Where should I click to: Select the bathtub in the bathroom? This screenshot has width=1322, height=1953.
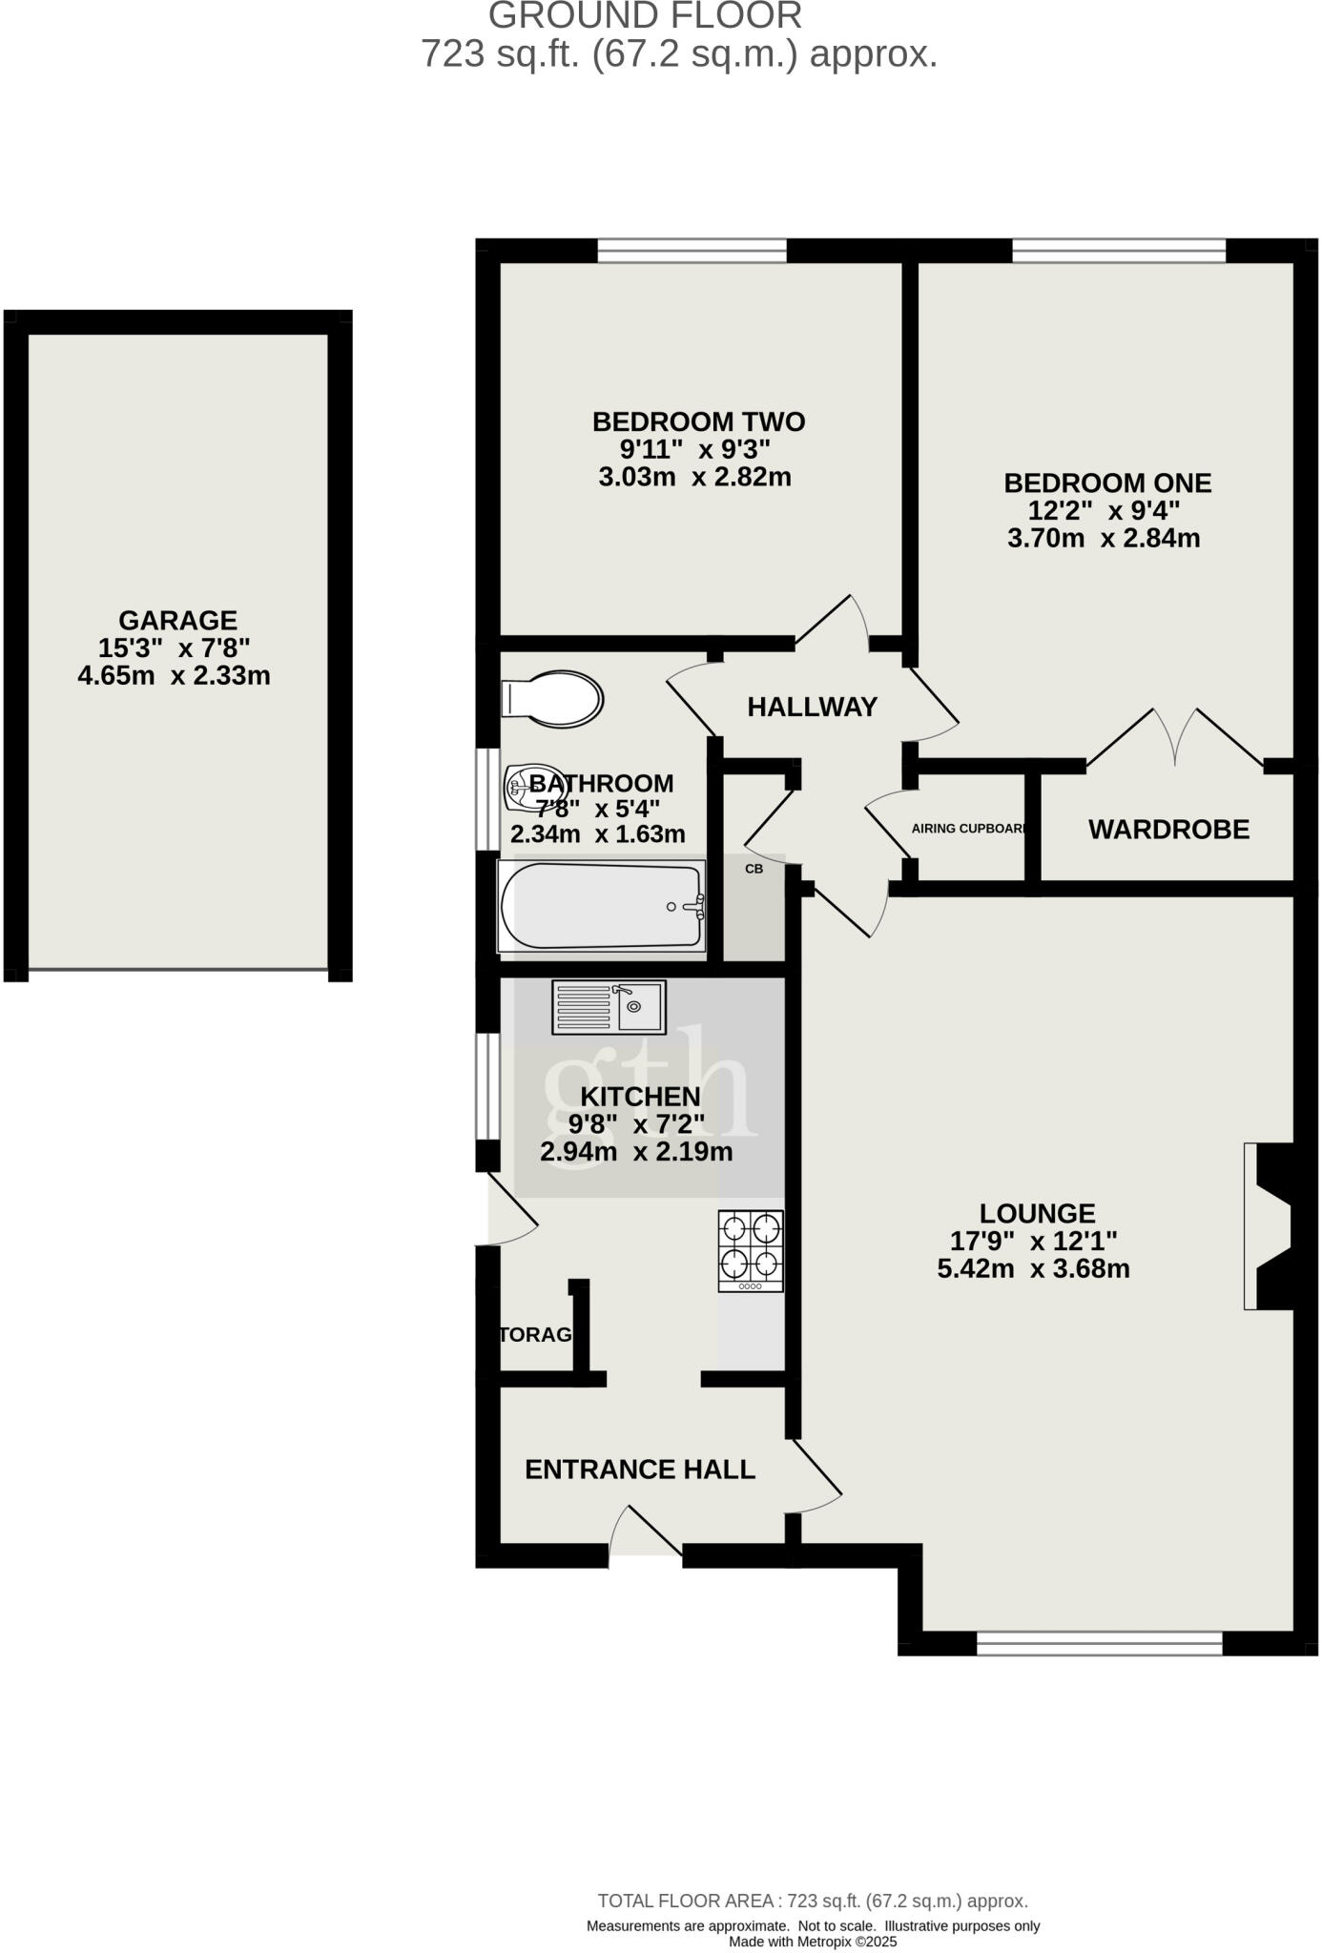(x=601, y=907)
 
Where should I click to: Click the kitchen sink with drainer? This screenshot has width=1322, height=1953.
(x=609, y=1007)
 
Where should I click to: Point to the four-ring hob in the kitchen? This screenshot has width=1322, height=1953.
(x=751, y=1250)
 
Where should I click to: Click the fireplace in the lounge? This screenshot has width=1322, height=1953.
(x=1270, y=1225)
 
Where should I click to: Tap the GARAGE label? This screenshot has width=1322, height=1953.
(x=177, y=621)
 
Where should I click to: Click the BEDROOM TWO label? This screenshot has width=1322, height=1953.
(x=698, y=421)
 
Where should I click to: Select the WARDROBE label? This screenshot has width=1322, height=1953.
(x=1168, y=830)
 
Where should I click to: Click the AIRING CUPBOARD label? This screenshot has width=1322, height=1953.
(x=969, y=829)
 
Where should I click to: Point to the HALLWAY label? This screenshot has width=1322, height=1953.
(x=812, y=708)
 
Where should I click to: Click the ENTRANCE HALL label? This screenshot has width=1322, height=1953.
(x=640, y=1470)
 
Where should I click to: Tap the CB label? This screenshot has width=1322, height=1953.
(x=754, y=869)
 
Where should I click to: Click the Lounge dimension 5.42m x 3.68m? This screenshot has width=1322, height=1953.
(x=1033, y=1269)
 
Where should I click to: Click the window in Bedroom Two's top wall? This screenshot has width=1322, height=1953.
(x=692, y=251)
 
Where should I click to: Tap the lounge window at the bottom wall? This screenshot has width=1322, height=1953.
(x=1099, y=1642)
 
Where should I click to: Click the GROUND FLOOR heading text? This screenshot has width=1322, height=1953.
(x=645, y=16)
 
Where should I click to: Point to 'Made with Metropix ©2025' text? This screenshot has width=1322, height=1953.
(x=813, y=1941)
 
